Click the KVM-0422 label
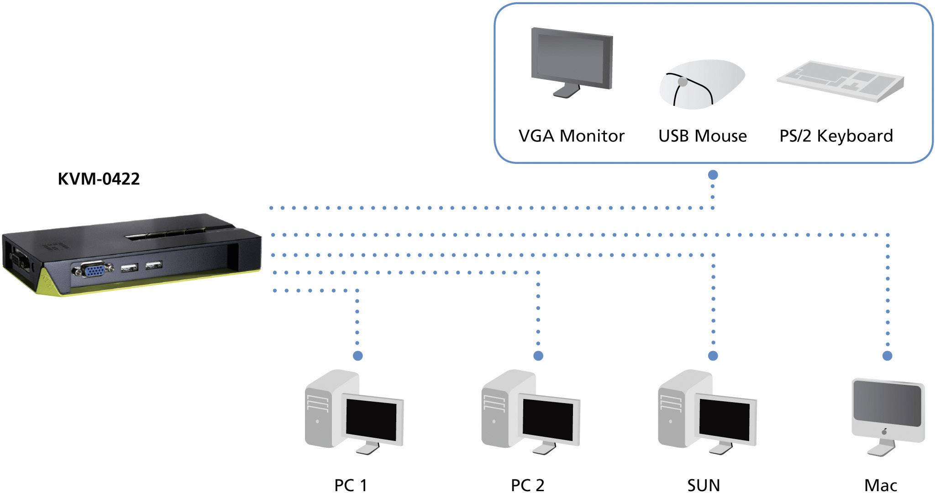tap(99, 178)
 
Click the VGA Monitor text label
tap(571, 136)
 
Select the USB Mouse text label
tap(702, 136)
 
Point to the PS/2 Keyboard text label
tap(835, 136)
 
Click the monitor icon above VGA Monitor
tap(572, 59)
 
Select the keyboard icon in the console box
tap(840, 81)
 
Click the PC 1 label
tap(351, 485)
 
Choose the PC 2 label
tap(527, 485)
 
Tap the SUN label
tap(704, 485)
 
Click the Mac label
tap(880, 485)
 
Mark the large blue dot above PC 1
tap(357, 356)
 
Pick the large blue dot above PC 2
tap(538, 356)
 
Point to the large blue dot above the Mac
tap(887, 356)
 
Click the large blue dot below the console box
tap(713, 175)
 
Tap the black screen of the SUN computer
tap(724, 420)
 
